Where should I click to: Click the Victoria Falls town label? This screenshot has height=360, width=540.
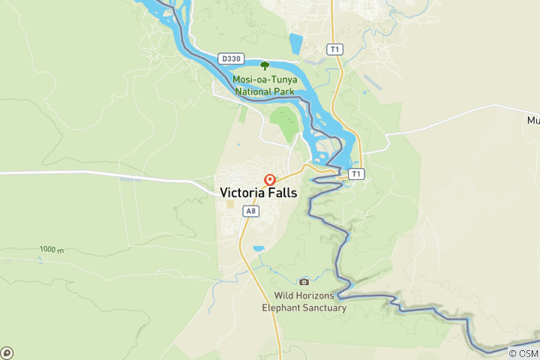pyautogui.click(x=258, y=193)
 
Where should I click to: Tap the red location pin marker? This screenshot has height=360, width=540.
pyautogui.click(x=270, y=180)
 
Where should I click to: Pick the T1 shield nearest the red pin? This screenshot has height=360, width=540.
pyautogui.click(x=355, y=174)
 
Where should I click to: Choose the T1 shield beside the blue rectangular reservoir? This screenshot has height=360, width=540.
pyautogui.click(x=334, y=49)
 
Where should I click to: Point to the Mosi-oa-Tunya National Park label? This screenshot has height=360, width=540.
pyautogui.click(x=264, y=85)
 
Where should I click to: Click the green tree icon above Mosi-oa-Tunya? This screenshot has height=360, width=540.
pyautogui.click(x=264, y=65)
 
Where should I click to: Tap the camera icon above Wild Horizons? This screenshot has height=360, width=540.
pyautogui.click(x=304, y=282)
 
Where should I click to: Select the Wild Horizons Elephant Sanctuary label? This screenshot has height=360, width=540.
pyautogui.click(x=304, y=301)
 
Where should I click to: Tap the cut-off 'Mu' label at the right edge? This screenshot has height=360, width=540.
pyautogui.click(x=532, y=120)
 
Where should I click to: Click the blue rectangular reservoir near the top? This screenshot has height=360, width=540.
pyautogui.click(x=296, y=43)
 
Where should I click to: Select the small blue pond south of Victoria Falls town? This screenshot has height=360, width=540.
pyautogui.click(x=259, y=248)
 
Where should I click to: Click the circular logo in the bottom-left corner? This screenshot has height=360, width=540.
pyautogui.click(x=7, y=352)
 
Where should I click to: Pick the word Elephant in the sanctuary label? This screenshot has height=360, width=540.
pyautogui.click(x=281, y=307)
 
